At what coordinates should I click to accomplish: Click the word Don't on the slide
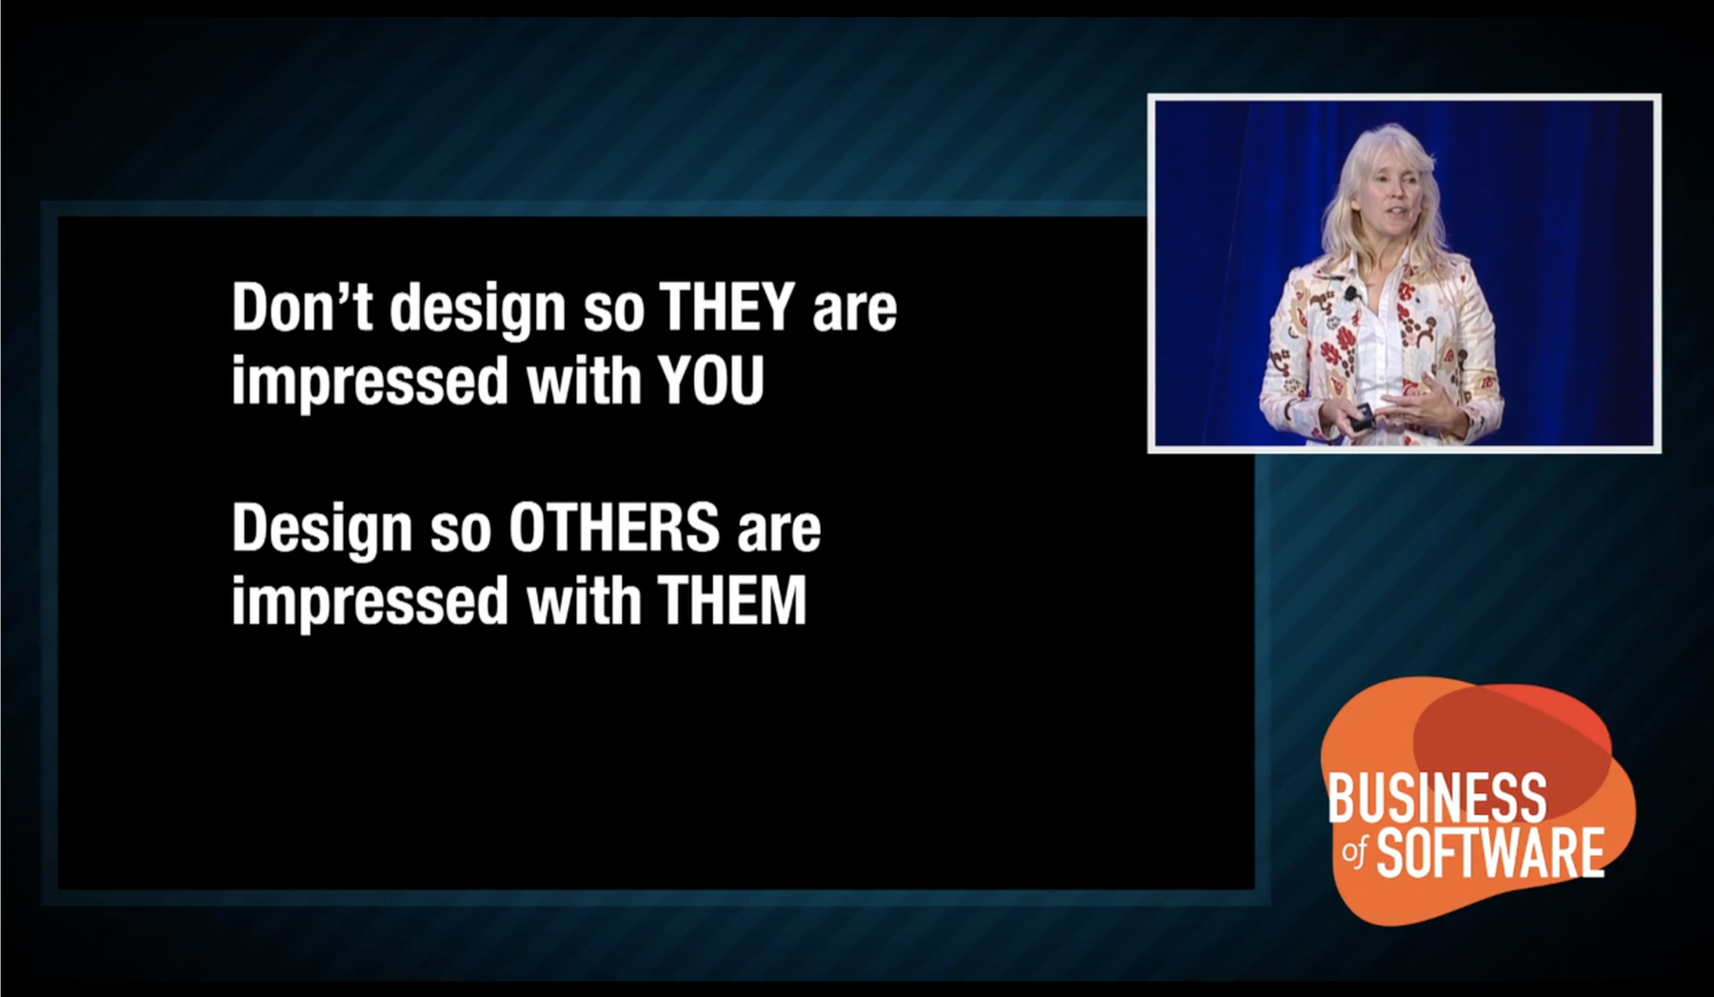click(x=302, y=307)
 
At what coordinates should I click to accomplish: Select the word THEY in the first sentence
click(x=727, y=307)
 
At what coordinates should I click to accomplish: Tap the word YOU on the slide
click(x=711, y=381)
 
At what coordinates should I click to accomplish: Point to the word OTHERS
click(x=614, y=528)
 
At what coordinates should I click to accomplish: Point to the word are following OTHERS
click(x=779, y=532)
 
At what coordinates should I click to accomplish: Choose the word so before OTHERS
click(x=461, y=532)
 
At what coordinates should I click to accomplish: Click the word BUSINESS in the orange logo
click(x=1437, y=797)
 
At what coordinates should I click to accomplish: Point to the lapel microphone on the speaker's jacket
click(x=1350, y=293)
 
